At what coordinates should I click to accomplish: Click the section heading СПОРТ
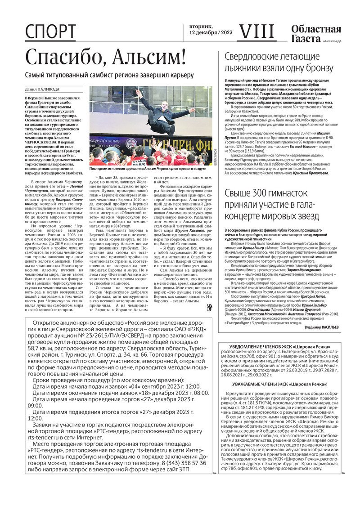tap(50, 32)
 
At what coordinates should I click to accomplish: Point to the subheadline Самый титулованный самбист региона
tap(109, 75)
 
